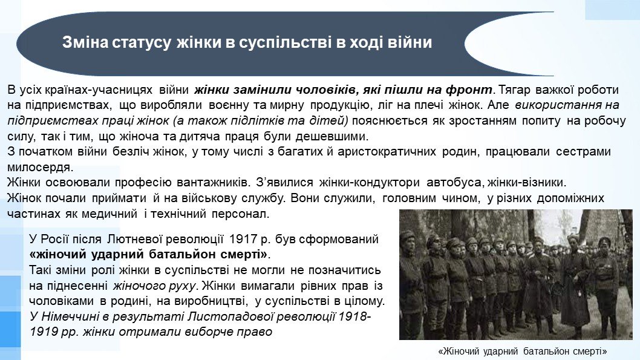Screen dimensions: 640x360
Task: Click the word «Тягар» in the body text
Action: [514, 90]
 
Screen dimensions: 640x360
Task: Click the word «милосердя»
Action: [40, 168]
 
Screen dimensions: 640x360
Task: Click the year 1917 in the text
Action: [243, 239]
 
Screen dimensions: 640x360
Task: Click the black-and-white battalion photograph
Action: [516, 274]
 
